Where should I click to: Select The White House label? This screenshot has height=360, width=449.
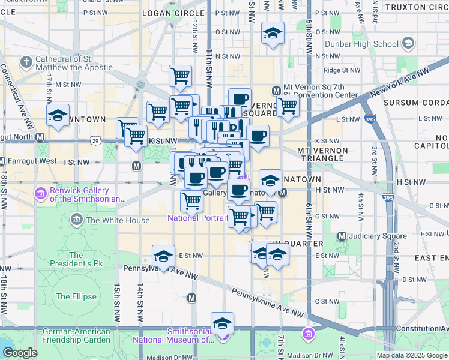118,220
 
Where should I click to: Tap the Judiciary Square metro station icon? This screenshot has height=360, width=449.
342,236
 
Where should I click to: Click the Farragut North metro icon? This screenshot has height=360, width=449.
40,137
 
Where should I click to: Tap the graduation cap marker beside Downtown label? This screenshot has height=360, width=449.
58,116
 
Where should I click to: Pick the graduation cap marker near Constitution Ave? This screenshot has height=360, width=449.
222,324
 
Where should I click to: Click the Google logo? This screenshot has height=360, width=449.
20,353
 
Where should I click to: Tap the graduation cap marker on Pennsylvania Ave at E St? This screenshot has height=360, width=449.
163,257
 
